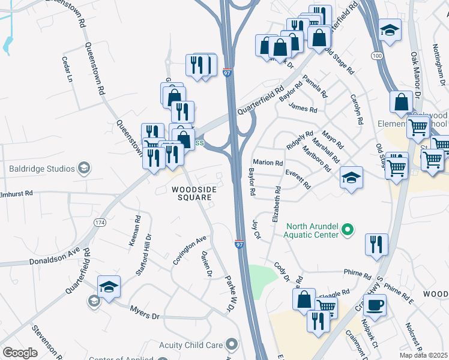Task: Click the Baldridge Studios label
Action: (x=41, y=169)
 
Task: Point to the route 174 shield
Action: (x=100, y=222)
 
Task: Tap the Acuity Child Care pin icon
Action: (x=232, y=344)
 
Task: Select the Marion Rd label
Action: (x=268, y=163)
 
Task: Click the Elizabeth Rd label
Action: (x=277, y=205)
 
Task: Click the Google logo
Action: (x=20, y=353)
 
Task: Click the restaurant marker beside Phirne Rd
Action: (x=376, y=244)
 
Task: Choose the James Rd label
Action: (x=303, y=109)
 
